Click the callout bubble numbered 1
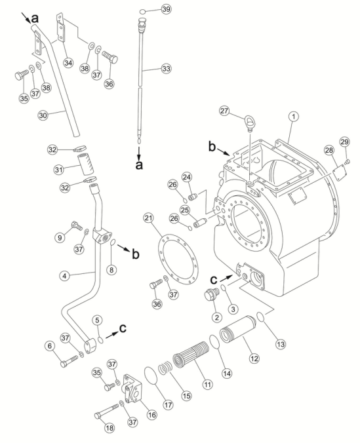(x=294, y=117)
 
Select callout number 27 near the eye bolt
(x=224, y=111)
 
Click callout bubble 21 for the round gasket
(x=148, y=218)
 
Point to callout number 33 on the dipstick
(x=167, y=69)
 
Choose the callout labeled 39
(x=167, y=9)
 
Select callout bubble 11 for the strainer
(x=207, y=385)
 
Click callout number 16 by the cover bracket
(x=152, y=414)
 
